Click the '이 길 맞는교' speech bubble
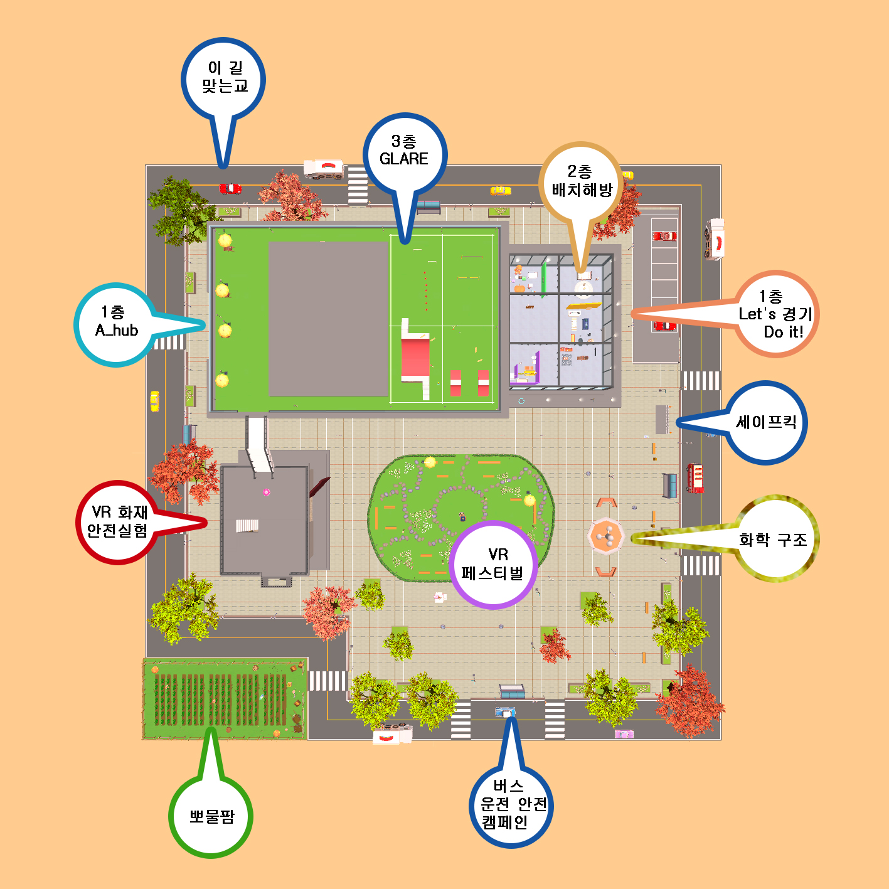[223, 79]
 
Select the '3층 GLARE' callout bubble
[405, 154]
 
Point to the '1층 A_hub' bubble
[116, 325]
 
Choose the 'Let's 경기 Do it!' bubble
[775, 314]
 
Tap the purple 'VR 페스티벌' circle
[492, 565]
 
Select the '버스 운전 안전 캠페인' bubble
[511, 805]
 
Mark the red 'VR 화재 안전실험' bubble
[118, 522]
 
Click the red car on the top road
[230, 189]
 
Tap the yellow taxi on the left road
[154, 401]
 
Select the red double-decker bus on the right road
[695, 478]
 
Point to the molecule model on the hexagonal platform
[605, 536]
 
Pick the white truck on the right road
[715, 239]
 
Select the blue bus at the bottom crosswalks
[505, 712]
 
